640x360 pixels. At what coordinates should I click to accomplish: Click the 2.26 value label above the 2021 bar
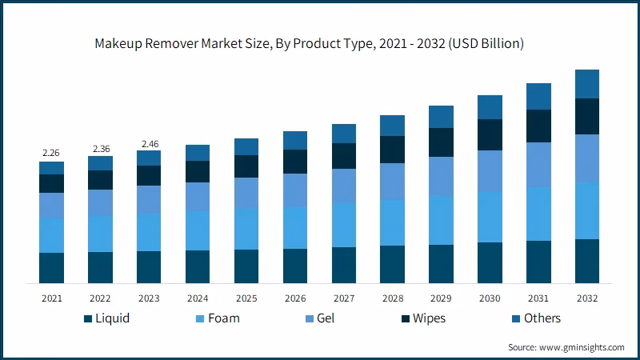(x=51, y=153)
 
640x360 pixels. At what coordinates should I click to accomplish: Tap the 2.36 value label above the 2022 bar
(x=100, y=148)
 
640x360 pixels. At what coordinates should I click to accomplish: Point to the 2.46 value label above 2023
(x=149, y=143)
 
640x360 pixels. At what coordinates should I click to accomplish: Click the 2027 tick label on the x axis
(x=344, y=298)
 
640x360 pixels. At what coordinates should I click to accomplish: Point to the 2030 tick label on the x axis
(x=490, y=298)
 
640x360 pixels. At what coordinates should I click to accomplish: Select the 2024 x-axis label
(x=198, y=298)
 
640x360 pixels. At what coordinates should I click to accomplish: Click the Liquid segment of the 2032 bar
(x=587, y=261)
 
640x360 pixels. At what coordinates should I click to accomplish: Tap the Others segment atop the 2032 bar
(x=587, y=84)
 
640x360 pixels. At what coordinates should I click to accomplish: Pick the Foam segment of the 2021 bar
(x=52, y=235)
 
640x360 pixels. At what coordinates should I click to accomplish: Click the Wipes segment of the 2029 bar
(x=441, y=142)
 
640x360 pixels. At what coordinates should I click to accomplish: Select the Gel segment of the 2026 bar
(x=295, y=190)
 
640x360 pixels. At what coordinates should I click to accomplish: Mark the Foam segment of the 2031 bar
(x=538, y=214)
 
